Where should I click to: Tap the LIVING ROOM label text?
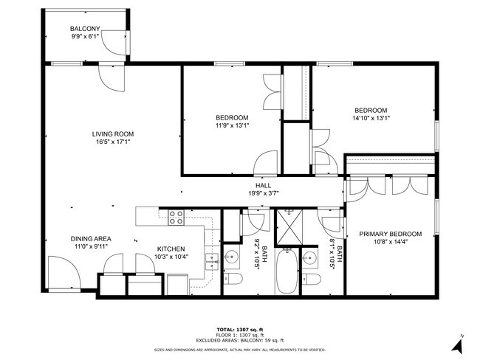click(113, 134)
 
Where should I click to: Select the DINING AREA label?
click(91, 238)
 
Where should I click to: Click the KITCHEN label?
click(171, 249)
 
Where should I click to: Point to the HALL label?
click(263, 186)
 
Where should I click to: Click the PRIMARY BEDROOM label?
click(391, 234)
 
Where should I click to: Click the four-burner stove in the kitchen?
click(176, 217)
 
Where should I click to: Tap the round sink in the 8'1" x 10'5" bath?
click(310, 258)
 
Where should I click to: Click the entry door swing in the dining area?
click(62, 273)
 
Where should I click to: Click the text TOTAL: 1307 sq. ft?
click(240, 329)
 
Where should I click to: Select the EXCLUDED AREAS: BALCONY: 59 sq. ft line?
click(240, 340)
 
